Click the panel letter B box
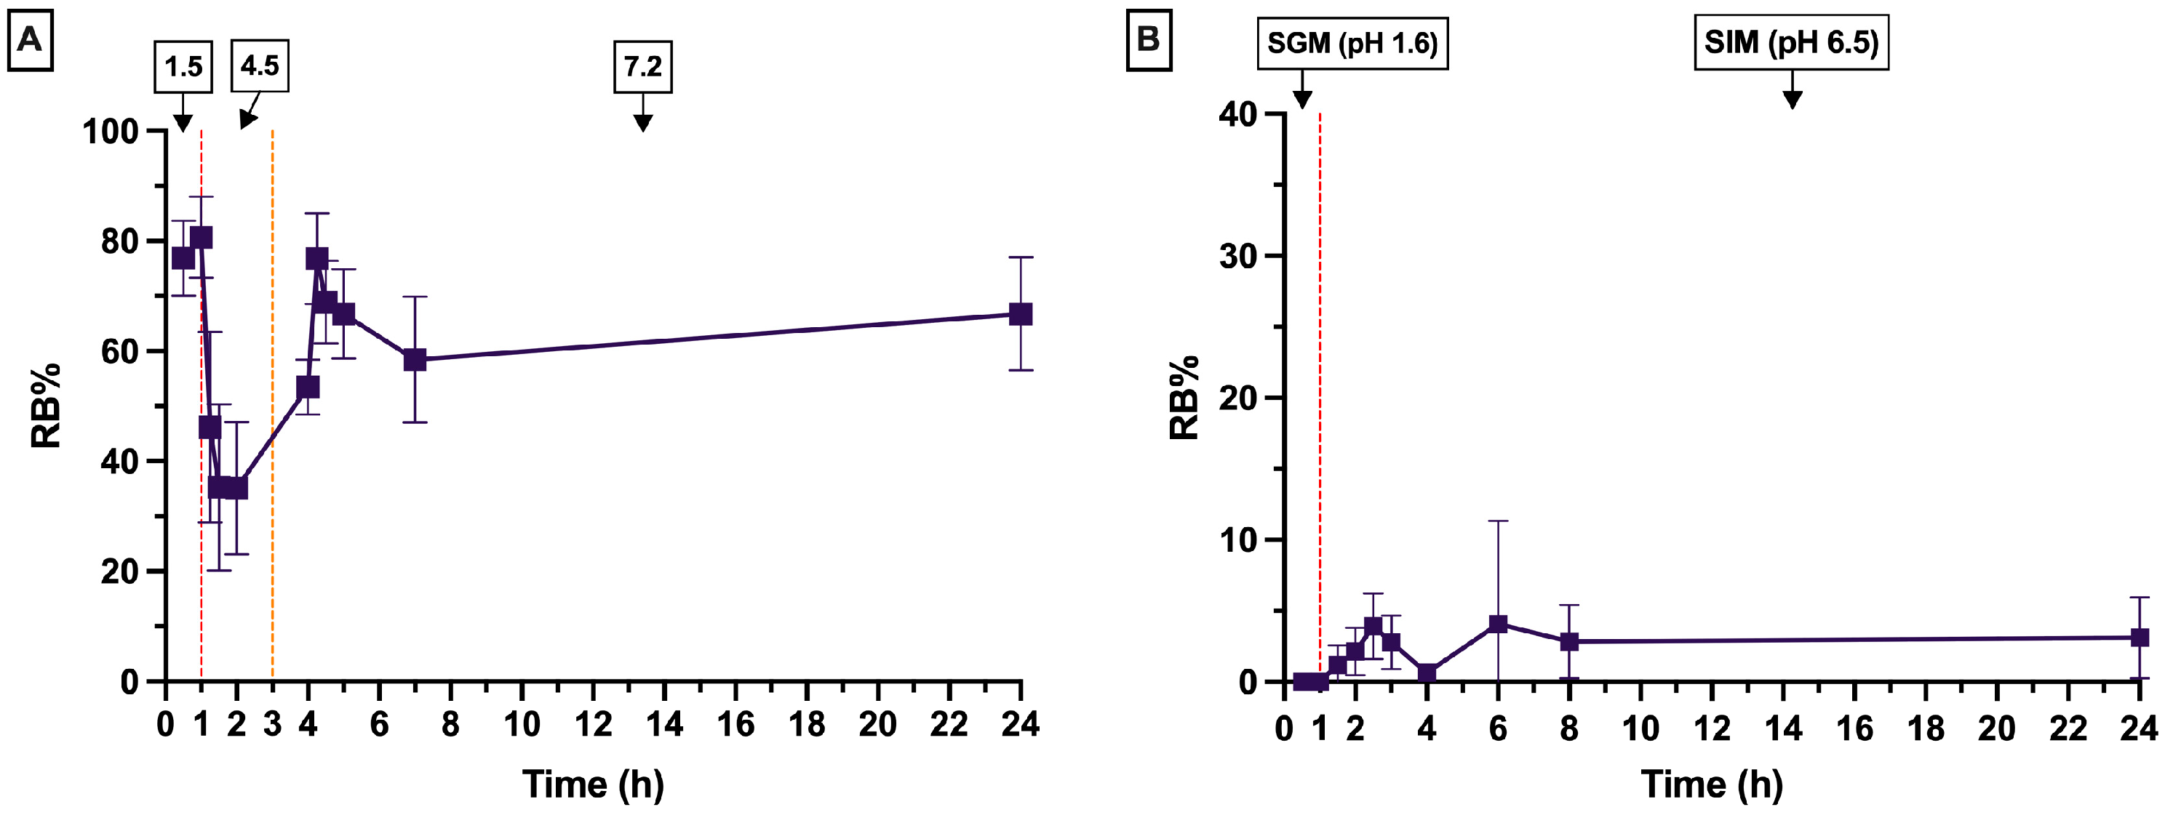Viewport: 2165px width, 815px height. click(x=1148, y=39)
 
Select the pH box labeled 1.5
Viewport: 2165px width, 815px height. click(x=183, y=65)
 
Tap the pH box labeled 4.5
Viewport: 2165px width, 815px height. click(x=260, y=65)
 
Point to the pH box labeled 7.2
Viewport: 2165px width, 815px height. click(x=643, y=65)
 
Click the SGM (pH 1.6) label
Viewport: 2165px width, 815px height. click(x=1352, y=43)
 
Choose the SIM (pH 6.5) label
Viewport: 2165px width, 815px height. click(x=1791, y=42)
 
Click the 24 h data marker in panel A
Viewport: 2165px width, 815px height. click(x=1021, y=314)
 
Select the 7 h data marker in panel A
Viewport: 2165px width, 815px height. click(x=415, y=360)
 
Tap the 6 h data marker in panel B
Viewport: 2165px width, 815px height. click(x=1498, y=624)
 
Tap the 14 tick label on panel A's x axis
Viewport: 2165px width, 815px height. click(x=664, y=724)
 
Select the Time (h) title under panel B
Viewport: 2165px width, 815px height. click(x=1712, y=784)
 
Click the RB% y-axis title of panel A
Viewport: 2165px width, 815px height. click(x=47, y=406)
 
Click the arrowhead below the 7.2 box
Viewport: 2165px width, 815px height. click(x=643, y=124)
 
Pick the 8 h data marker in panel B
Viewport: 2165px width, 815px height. click(x=1569, y=641)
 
